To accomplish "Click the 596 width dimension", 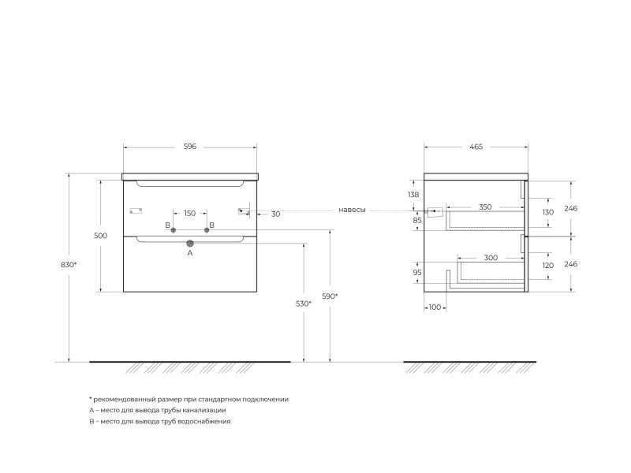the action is (190, 147).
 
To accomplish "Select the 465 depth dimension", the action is (476, 147).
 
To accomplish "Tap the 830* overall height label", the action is (69, 265).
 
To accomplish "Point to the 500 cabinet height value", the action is (101, 236).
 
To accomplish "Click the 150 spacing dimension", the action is (190, 213).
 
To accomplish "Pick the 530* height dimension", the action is (304, 304).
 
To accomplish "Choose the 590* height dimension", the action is (330, 296).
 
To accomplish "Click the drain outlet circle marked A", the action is (190, 244).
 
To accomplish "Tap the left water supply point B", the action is (174, 230).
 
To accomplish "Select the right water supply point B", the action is (207, 230).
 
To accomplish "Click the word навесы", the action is (352, 210).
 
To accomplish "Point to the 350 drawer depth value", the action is (485, 207).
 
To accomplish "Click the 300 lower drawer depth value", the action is (491, 258).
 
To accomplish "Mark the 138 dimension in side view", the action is (413, 195).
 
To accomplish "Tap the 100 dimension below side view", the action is (435, 307).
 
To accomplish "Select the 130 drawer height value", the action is (548, 212).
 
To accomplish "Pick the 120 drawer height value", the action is (548, 266).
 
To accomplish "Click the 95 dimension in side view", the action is (417, 272).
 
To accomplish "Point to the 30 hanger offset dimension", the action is (275, 214).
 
